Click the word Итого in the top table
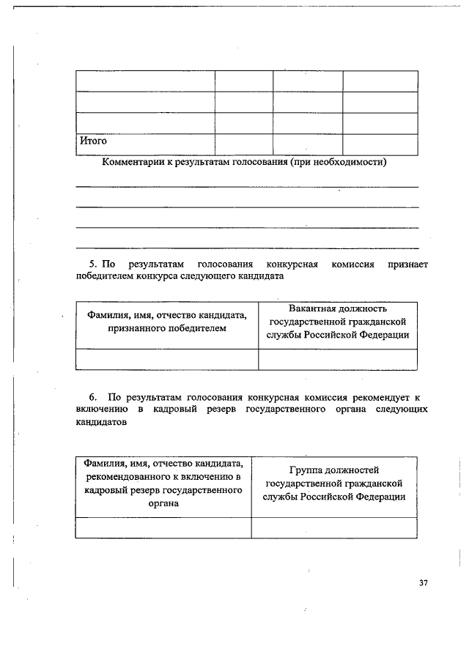pyautogui.click(x=93, y=141)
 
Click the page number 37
pyautogui.click(x=423, y=583)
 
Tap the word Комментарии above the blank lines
pyautogui.click(x=133, y=163)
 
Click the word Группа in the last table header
pyautogui.click(x=307, y=470)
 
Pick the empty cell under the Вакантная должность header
pyautogui.click(x=337, y=359)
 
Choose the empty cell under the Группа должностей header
pyautogui.click(x=333, y=527)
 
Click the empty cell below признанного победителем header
pyautogui.click(x=167, y=359)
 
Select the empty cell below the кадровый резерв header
pyautogui.click(x=163, y=527)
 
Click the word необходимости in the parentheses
pyautogui.click(x=348, y=163)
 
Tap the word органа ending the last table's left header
pyautogui.click(x=163, y=503)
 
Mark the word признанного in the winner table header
pyautogui.click(x=137, y=329)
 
